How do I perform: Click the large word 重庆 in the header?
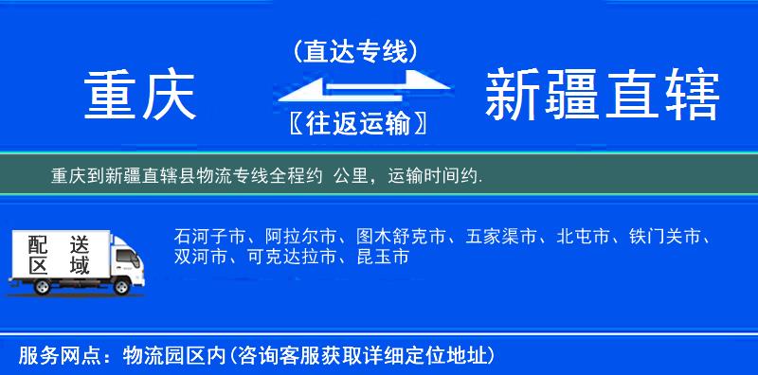[x=139, y=96]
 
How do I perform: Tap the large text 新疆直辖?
[x=602, y=96]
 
